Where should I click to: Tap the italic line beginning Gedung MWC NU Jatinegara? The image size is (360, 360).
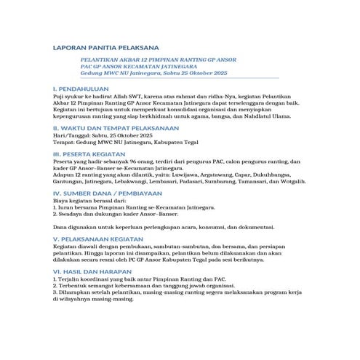(x=153, y=74)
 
